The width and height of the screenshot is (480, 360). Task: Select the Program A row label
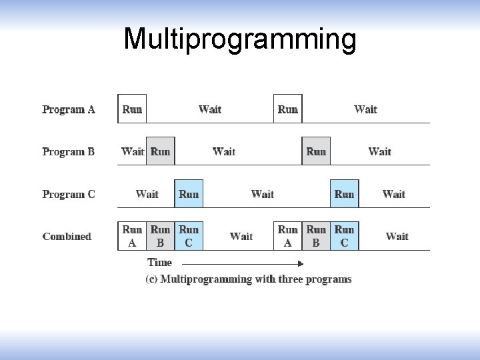point(69,109)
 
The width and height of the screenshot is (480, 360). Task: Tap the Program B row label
point(69,152)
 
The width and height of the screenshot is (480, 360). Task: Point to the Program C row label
point(69,195)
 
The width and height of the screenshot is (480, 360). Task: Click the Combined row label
point(67,237)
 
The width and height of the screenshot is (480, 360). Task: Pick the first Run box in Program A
point(132,109)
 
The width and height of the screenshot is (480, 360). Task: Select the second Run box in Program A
point(288,109)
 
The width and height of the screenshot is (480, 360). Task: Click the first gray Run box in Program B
point(161,151)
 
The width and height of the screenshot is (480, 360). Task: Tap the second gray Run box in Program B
point(316,151)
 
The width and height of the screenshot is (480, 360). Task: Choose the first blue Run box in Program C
point(189,194)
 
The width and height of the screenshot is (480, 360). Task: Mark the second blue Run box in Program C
point(344,194)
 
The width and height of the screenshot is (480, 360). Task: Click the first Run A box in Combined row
point(132,236)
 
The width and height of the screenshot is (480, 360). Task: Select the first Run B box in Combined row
point(160,236)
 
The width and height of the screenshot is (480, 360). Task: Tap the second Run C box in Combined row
point(344,236)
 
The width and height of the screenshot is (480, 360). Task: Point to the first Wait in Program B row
point(133,152)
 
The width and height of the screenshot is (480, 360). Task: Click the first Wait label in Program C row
point(147,195)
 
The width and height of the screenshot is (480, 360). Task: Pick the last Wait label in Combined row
point(397,237)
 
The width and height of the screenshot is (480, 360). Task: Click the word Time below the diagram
point(159,263)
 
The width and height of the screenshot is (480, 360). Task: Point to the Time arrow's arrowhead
point(301,264)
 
